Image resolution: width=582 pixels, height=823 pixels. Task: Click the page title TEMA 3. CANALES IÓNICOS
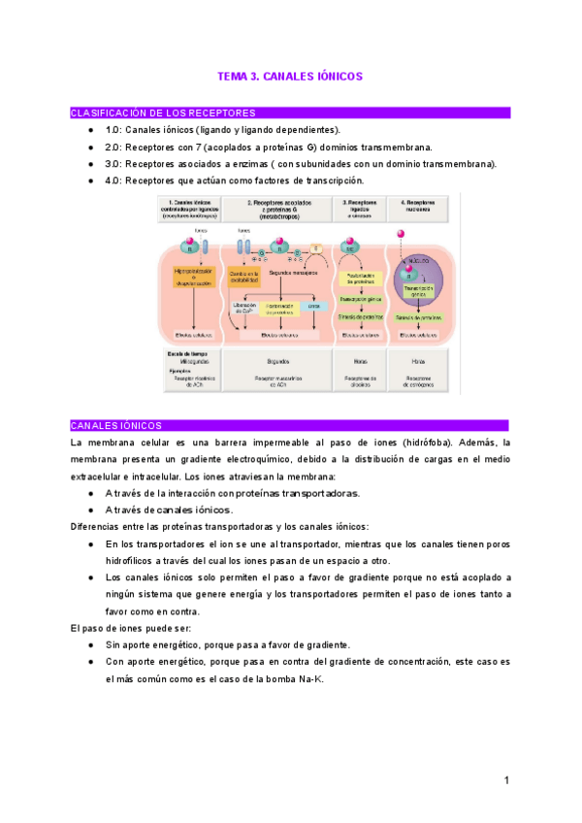290,76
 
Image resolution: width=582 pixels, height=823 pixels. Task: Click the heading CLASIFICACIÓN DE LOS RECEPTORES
163,114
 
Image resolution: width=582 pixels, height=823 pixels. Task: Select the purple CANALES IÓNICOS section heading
116,425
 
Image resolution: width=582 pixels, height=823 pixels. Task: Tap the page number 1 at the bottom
506,780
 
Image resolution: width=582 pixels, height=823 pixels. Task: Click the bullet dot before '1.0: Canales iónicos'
90,130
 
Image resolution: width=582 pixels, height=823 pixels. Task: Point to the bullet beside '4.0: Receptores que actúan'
90,181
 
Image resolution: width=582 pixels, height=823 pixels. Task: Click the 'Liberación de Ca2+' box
243,308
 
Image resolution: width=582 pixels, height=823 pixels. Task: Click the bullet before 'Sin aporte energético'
90,645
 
